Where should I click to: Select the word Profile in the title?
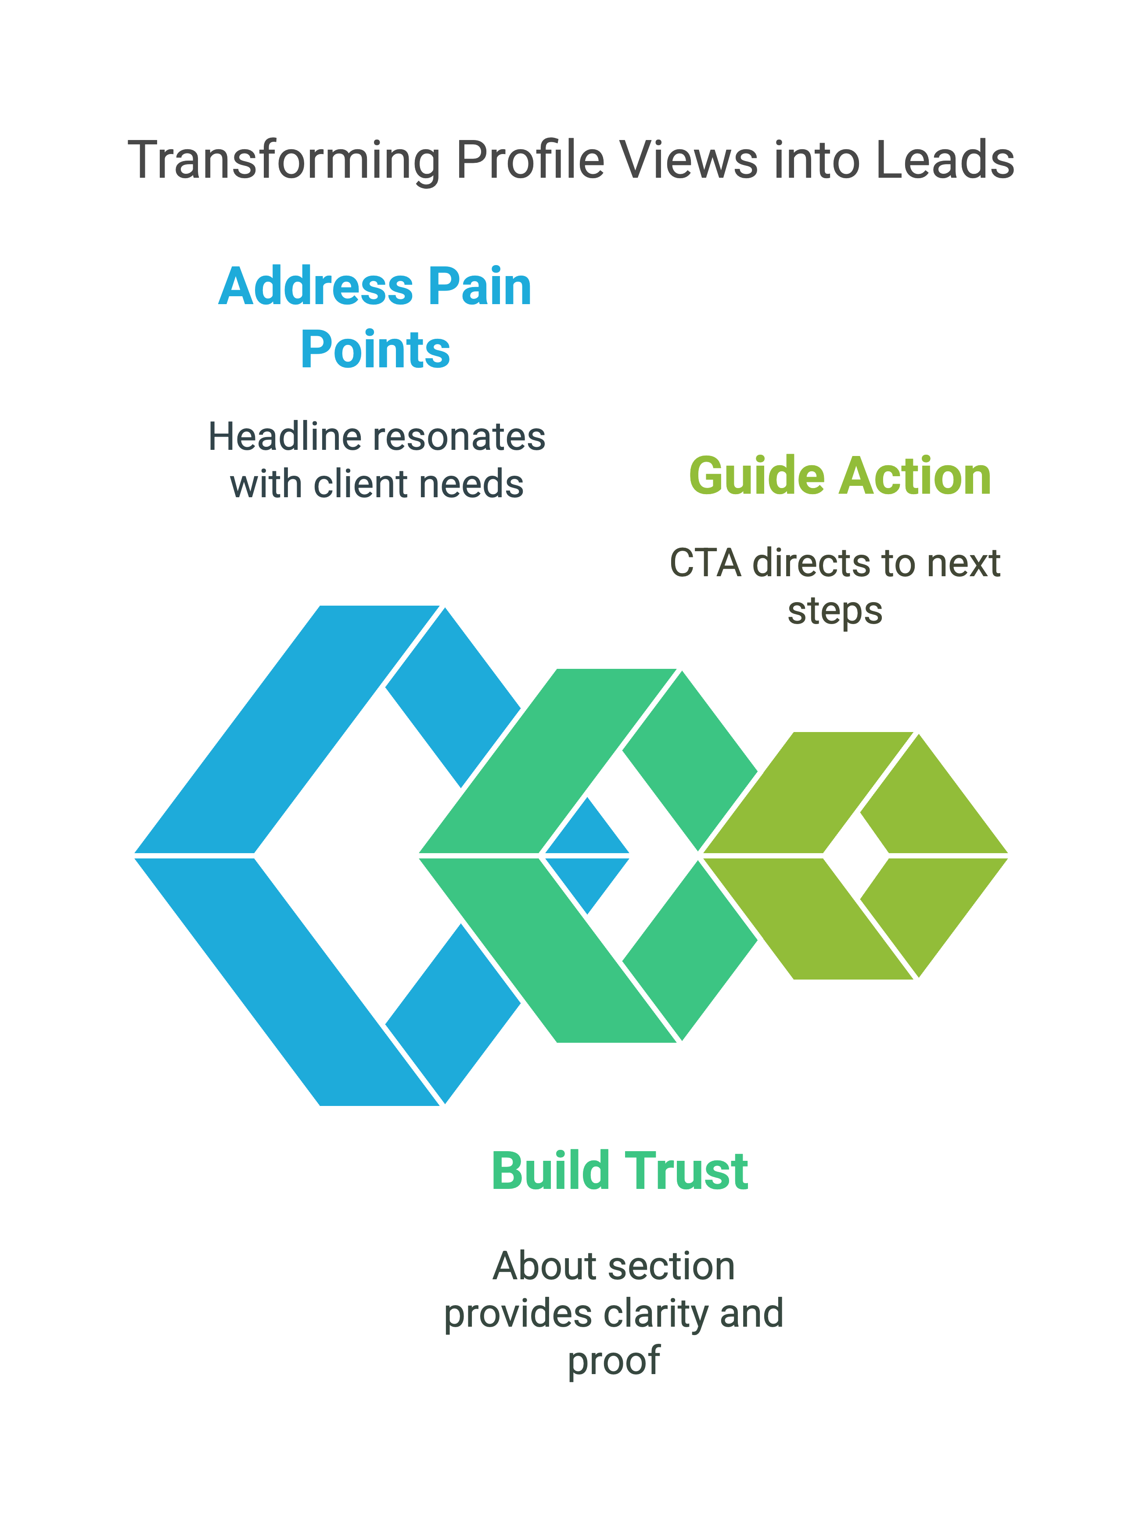(x=531, y=160)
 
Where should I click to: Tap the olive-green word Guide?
(x=757, y=477)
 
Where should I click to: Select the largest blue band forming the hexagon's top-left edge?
(x=286, y=729)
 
